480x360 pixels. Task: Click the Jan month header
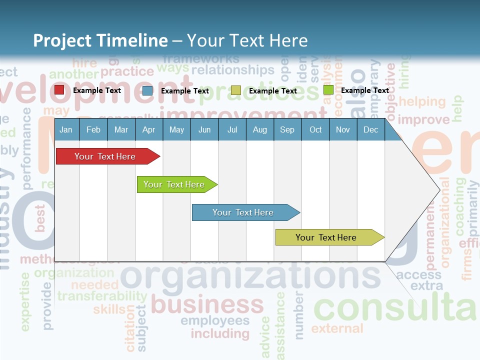coord(66,130)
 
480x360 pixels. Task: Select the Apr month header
coord(148,130)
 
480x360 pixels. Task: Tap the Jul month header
coord(232,130)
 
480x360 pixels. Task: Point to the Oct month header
coord(315,130)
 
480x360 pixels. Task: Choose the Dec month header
coord(370,130)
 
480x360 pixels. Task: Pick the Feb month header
coord(93,130)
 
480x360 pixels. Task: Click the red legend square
coord(59,90)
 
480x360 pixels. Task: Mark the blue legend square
coord(147,90)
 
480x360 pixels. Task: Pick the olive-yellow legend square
coord(236,90)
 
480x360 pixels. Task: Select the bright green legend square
coord(328,90)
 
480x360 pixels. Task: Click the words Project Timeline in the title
coord(100,40)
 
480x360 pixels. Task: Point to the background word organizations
coord(250,276)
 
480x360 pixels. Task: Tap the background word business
coord(207,304)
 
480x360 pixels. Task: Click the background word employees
coord(215,320)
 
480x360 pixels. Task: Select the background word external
coord(337,328)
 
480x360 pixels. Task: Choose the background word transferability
coord(102,296)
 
